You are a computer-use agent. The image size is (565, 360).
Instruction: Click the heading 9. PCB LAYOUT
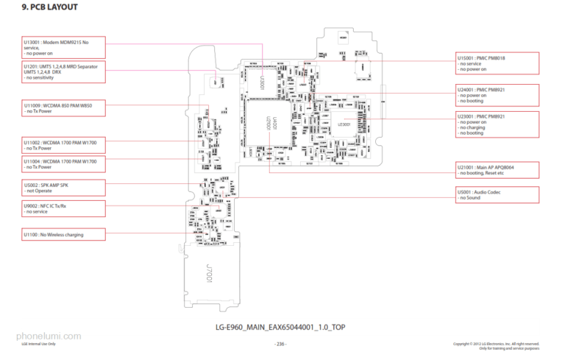[x=50, y=7]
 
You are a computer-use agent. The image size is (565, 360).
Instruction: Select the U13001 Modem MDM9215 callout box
[x=63, y=47]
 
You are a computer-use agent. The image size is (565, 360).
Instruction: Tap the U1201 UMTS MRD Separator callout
[x=63, y=72]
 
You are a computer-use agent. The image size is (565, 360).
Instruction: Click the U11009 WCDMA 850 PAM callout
[x=63, y=108]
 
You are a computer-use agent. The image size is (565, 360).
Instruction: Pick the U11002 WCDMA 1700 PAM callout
[x=63, y=144]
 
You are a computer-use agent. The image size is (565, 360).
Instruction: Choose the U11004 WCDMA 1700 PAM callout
[x=63, y=163]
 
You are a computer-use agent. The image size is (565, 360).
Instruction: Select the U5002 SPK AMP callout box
[x=63, y=187]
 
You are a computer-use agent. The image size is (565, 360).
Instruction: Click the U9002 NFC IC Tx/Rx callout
[x=63, y=208]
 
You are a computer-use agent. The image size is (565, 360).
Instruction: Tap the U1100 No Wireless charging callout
[x=63, y=234]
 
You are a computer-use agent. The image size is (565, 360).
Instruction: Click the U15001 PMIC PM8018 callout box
[x=497, y=63]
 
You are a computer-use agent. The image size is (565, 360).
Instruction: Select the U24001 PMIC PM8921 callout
[x=497, y=95]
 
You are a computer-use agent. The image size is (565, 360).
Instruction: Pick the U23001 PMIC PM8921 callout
[x=497, y=124]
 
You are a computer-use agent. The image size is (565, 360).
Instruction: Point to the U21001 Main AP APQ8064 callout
[x=497, y=170]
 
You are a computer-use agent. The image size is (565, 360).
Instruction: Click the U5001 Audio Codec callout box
[x=497, y=194]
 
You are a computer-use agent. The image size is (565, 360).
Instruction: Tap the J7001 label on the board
[x=208, y=278]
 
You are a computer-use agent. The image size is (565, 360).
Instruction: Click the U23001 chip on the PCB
[x=344, y=124]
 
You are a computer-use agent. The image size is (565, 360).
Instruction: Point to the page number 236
[x=280, y=344]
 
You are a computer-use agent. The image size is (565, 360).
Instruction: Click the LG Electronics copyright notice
[x=496, y=345]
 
